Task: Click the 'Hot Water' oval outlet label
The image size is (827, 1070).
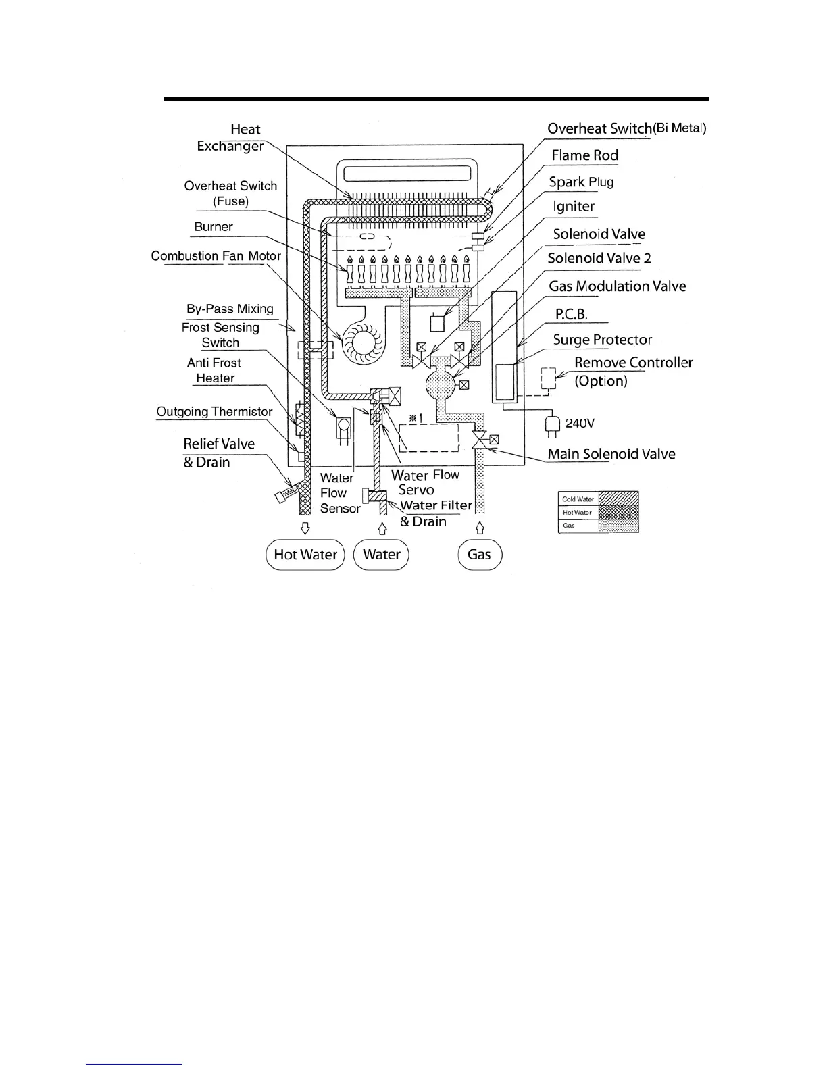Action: point(305,555)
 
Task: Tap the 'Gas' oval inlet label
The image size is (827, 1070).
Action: point(479,555)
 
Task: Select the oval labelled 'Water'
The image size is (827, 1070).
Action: point(382,555)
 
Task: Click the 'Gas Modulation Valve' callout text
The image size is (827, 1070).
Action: point(617,286)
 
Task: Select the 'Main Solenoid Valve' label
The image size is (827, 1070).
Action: point(611,454)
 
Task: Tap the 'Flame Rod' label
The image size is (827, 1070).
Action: point(584,155)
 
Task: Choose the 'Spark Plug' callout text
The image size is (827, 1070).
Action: point(581,182)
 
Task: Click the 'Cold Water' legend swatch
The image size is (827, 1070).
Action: point(618,499)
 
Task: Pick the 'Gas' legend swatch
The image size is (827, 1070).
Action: point(618,526)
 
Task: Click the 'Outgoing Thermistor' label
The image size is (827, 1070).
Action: point(214,411)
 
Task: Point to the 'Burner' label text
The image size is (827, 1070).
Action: point(214,227)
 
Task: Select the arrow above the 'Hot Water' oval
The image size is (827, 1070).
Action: point(305,527)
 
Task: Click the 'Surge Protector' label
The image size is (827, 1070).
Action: point(602,340)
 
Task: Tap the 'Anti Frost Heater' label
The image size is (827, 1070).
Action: point(214,370)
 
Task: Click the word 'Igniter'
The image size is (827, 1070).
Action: point(574,207)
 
